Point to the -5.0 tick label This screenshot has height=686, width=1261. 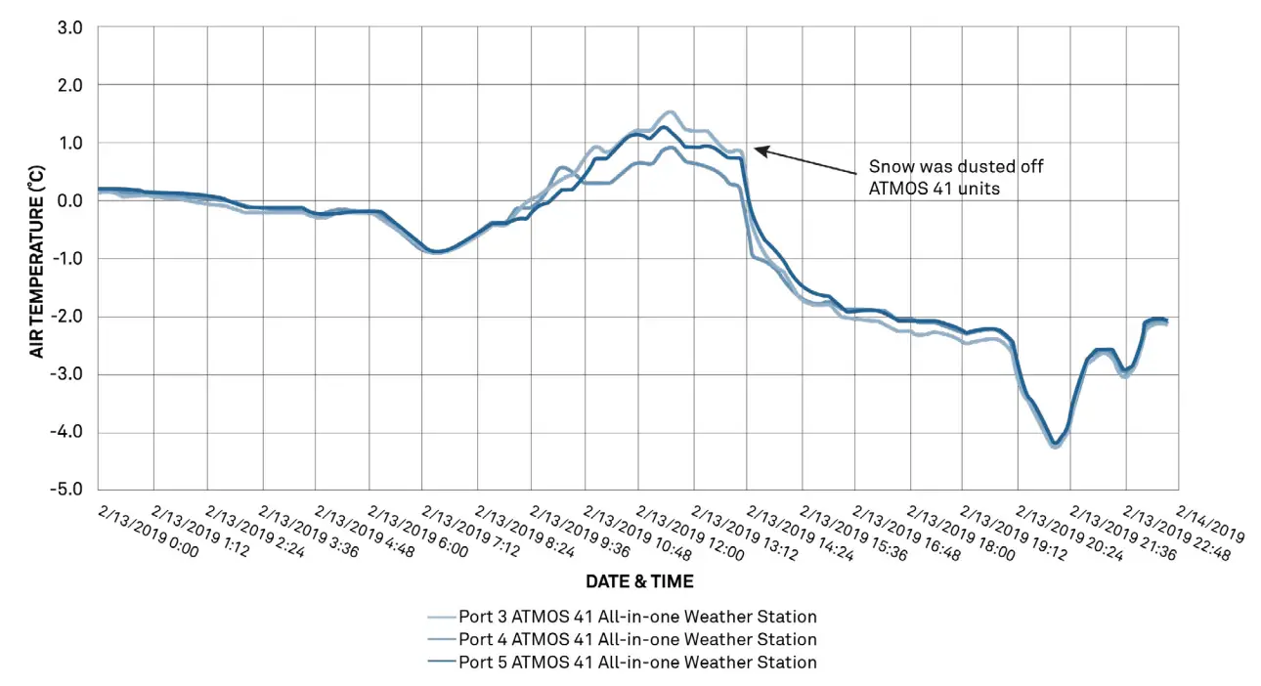66,490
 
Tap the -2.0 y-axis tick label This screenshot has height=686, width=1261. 66,317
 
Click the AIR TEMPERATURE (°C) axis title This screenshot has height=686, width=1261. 36,259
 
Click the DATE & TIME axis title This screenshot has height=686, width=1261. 639,581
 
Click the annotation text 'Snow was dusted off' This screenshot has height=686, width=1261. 955,167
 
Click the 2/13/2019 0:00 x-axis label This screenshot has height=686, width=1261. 149,531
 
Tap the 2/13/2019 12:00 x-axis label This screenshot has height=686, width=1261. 689,533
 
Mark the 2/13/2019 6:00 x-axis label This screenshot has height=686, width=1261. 419,533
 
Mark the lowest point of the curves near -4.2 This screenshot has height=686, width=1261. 1055,445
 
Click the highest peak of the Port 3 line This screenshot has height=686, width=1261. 670,112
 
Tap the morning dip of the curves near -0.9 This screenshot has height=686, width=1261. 437,252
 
